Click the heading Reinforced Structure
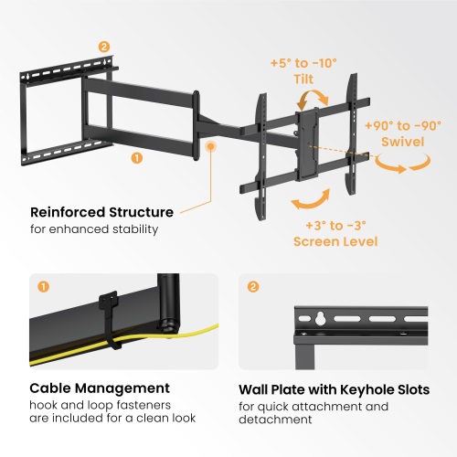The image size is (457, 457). tap(101, 212)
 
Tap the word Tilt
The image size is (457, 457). tap(303, 80)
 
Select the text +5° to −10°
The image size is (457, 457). tap(303, 63)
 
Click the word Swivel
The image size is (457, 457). tap(403, 142)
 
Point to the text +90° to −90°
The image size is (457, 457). tap(403, 126)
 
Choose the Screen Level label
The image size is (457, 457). tap(335, 241)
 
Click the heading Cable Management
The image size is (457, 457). tap(100, 388)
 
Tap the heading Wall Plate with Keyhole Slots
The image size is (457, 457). tap(335, 389)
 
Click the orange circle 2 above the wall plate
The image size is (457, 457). tap(104, 47)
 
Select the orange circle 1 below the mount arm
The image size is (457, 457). tap(137, 158)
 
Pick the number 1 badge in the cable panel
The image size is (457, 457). tap(43, 287)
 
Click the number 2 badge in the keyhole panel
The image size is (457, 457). tap(253, 287)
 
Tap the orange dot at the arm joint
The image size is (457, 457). tap(210, 146)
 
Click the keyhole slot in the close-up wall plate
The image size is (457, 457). tap(320, 318)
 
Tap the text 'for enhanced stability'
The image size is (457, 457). tap(94, 229)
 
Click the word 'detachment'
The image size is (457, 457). tap(275, 420)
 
